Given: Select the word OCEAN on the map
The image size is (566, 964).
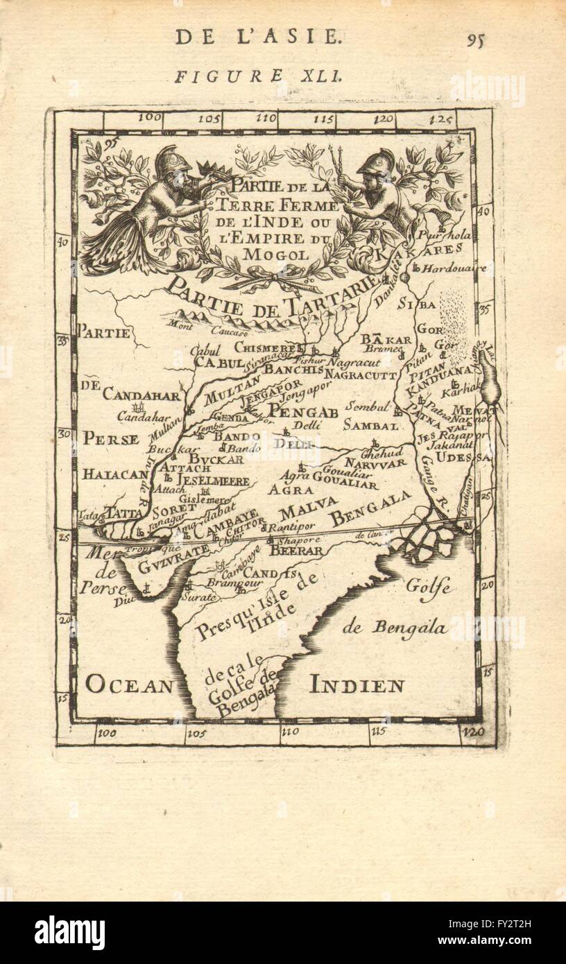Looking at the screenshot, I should [128, 686].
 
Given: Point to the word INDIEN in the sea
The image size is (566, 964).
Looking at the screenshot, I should [357, 687].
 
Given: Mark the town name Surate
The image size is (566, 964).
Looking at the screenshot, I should [196, 595].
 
